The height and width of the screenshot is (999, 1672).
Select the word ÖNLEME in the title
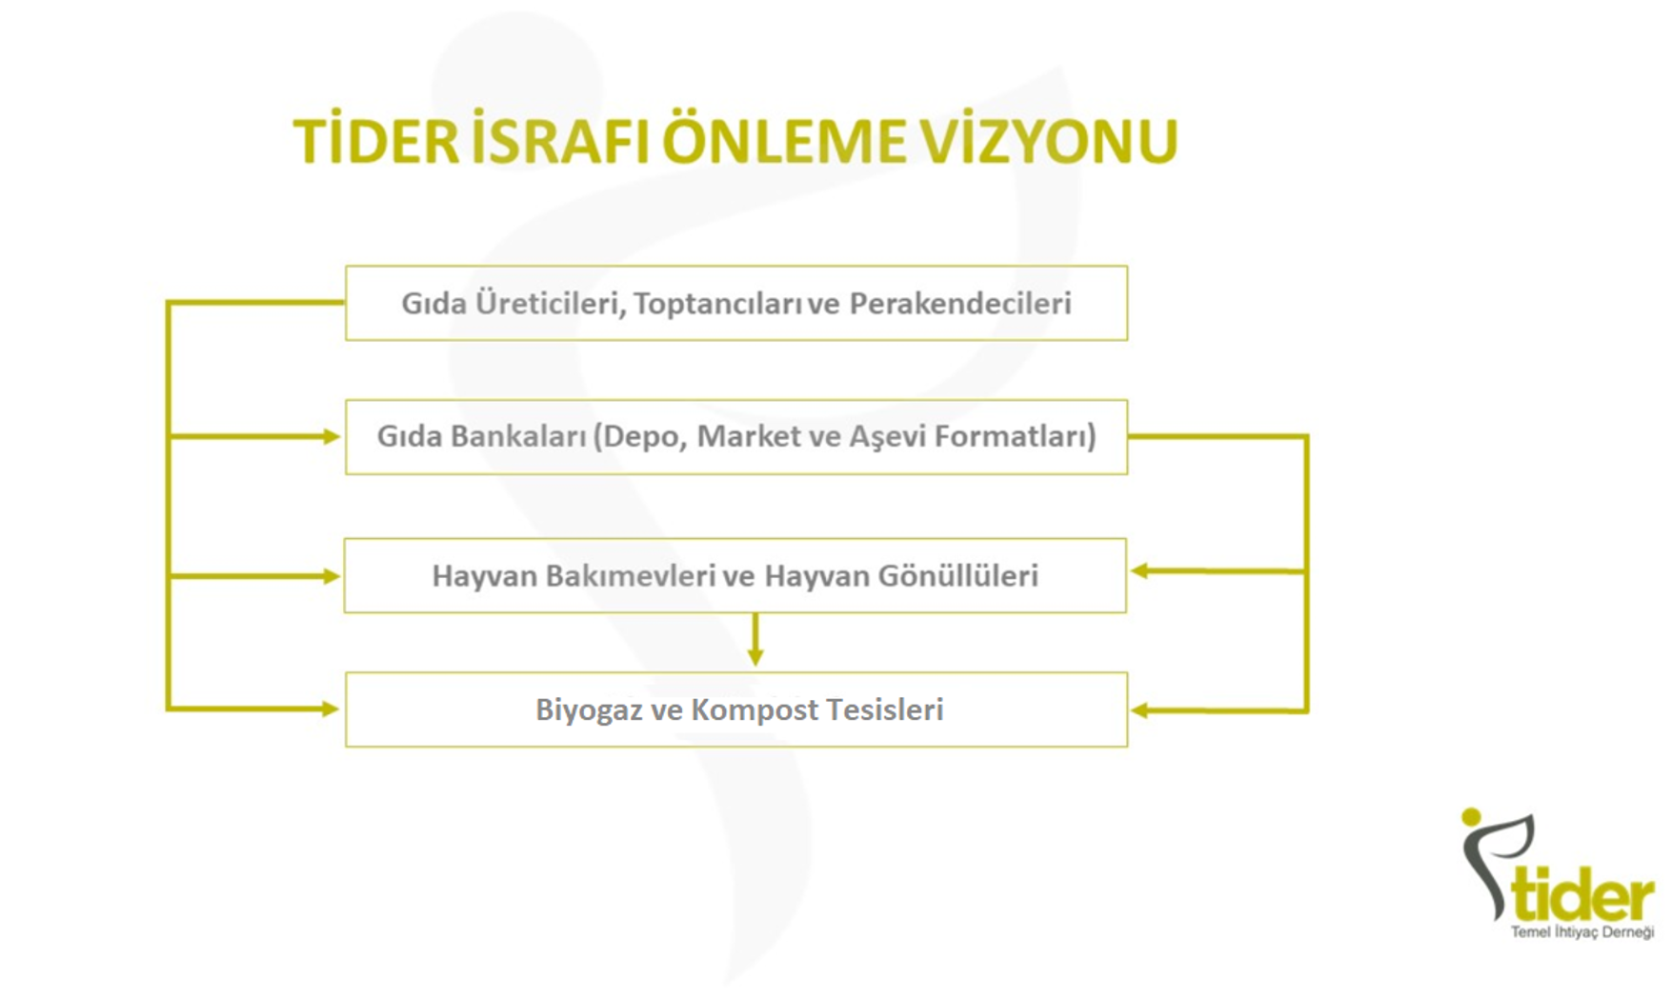coord(783,140)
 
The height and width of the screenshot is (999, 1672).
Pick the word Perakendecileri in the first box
coord(960,303)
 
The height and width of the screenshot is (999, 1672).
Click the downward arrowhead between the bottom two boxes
coord(755,657)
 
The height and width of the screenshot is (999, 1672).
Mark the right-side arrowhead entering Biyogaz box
coord(1138,710)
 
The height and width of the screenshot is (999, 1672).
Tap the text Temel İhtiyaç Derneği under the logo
coord(1582,932)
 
